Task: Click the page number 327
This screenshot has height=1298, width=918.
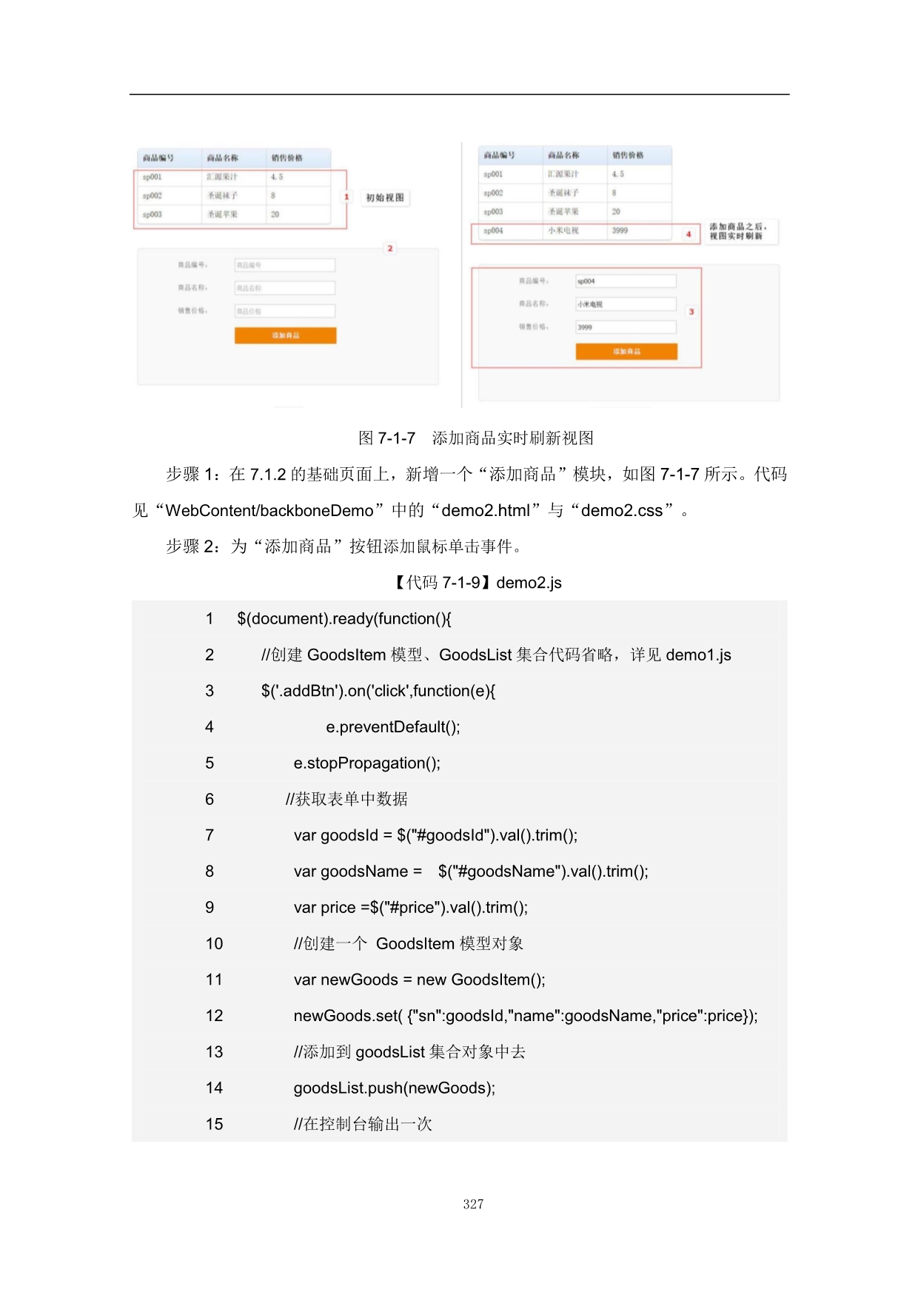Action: coord(473,1204)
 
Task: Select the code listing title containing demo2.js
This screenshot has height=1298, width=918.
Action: coord(478,583)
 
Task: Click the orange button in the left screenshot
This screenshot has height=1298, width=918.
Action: coord(285,335)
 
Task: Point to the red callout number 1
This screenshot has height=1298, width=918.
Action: coord(346,197)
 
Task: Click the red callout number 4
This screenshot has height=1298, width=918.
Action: coord(688,234)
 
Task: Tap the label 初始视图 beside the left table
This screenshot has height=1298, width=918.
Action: coord(385,198)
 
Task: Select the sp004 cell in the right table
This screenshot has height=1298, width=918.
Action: coord(493,231)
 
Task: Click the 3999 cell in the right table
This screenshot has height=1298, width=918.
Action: coord(620,231)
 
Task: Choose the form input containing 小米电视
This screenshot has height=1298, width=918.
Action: coord(626,304)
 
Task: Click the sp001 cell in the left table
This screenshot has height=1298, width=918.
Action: coord(152,177)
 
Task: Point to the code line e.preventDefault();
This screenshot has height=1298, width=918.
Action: coord(392,727)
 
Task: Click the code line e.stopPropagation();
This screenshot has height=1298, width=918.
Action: coord(366,763)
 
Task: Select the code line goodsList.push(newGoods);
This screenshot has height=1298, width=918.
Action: coord(394,1088)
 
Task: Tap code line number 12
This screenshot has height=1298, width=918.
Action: coord(214,1016)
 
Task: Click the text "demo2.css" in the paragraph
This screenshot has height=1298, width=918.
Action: coord(626,511)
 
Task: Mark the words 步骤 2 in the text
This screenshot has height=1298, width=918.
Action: coord(192,547)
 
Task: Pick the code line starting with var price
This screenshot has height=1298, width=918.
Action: coord(410,908)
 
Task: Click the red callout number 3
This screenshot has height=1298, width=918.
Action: coord(691,312)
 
